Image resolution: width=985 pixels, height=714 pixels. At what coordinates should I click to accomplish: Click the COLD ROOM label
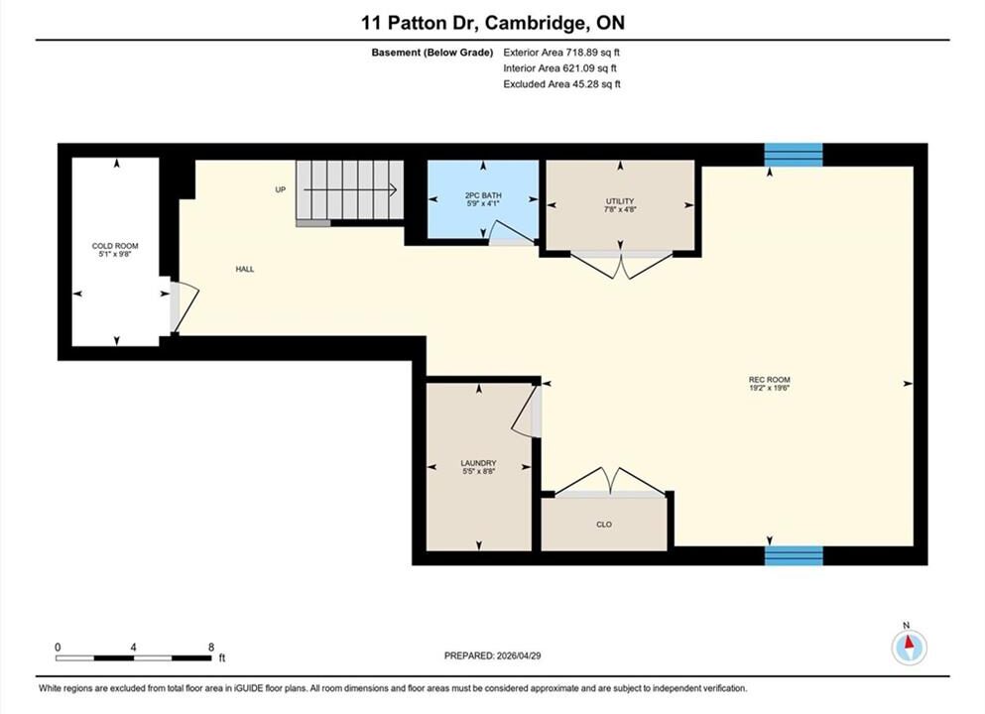115,246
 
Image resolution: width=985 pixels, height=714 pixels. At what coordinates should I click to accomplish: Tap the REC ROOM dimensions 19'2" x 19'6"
769,388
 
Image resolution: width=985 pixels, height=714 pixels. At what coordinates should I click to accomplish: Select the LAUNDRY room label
479,463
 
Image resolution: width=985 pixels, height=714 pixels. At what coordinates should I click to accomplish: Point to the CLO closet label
604,525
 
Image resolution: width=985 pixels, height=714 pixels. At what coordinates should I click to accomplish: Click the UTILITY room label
620,201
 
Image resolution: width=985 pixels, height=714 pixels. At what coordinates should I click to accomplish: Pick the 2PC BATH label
483,195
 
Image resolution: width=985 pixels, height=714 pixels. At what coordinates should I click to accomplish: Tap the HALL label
245,269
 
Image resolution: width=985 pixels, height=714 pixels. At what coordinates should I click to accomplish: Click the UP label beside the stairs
280,189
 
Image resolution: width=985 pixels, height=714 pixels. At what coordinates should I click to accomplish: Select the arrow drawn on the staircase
350,189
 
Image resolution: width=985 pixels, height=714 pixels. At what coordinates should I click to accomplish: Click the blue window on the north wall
794,155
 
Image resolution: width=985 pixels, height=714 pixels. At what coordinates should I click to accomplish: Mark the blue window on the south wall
794,555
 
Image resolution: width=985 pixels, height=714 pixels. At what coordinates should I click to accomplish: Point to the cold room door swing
185,307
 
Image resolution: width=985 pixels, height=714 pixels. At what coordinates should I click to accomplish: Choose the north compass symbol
909,647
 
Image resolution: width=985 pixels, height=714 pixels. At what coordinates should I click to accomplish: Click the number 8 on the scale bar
211,647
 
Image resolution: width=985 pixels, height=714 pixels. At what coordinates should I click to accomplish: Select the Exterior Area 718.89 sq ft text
561,53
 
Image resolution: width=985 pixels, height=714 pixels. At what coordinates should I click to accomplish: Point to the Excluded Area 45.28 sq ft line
561,84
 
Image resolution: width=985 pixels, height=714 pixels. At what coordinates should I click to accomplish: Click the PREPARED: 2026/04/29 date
492,655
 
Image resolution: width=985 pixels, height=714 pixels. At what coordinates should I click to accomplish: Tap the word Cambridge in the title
534,23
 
